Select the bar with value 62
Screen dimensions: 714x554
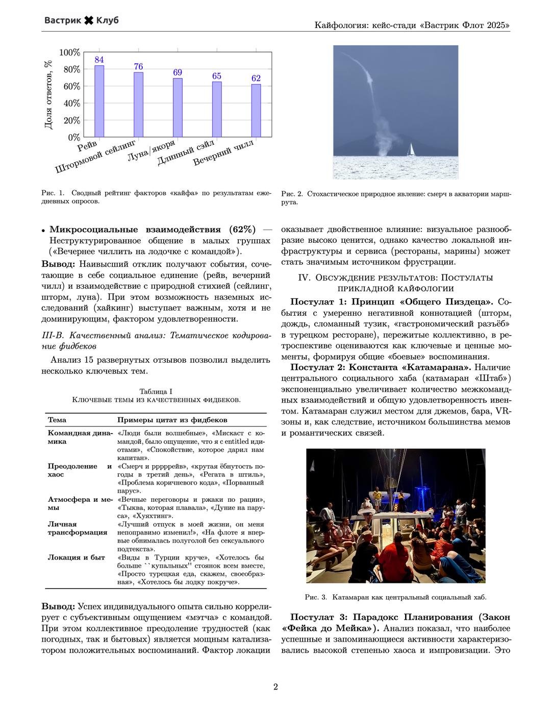point(256,110)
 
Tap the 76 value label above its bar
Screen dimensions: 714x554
point(138,66)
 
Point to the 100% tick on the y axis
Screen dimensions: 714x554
point(70,53)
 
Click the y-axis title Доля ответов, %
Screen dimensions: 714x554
point(48,95)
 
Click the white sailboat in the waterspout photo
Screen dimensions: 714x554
point(411,149)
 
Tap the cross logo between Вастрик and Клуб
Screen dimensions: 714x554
point(89,20)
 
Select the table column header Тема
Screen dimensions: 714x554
point(57,420)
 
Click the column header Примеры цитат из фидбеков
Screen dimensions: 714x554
point(172,420)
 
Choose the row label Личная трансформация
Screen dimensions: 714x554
point(78,528)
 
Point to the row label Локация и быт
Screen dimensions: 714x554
point(76,557)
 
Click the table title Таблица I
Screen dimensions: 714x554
point(156,391)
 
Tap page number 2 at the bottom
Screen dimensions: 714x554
point(275,687)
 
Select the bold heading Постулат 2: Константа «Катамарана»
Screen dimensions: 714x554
point(381,367)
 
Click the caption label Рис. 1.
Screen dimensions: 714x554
point(53,193)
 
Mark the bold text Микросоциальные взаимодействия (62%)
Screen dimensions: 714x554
point(153,229)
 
